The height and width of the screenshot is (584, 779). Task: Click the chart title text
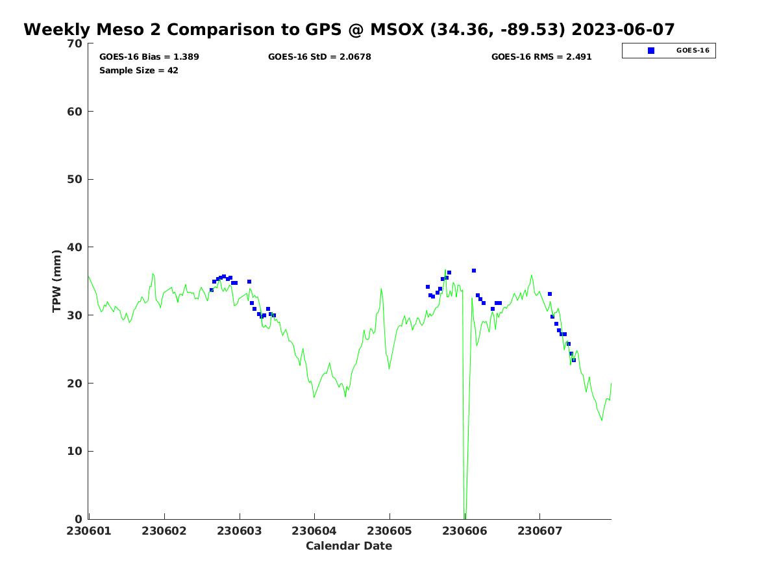(349, 30)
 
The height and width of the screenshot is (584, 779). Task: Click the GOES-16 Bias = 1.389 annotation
(149, 57)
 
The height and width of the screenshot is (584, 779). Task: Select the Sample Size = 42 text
(139, 71)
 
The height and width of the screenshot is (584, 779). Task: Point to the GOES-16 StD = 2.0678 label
(319, 57)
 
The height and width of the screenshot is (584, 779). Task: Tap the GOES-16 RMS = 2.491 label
(541, 57)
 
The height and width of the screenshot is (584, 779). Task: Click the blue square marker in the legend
(651, 51)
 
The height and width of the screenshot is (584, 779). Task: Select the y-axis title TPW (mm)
(57, 281)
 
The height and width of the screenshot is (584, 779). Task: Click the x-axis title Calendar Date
(349, 546)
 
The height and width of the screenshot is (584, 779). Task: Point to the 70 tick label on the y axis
(75, 43)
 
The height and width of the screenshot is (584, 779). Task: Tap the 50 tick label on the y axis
(75, 179)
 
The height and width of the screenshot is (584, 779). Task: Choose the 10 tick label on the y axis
(75, 451)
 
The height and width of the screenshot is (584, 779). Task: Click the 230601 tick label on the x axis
(89, 531)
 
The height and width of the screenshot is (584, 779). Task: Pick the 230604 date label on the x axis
(314, 531)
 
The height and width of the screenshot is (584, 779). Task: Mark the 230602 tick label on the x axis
(164, 531)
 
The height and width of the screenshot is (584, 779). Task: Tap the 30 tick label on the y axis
(75, 315)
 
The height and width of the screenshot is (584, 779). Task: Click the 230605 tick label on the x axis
(389, 531)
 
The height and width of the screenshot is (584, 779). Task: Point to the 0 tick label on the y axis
(79, 519)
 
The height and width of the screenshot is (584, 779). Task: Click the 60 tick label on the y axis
(75, 112)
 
